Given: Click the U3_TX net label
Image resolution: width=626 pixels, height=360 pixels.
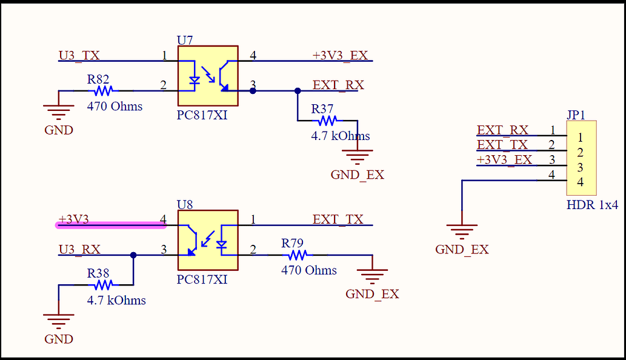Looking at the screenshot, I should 79,56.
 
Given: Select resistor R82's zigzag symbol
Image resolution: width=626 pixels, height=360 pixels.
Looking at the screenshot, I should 103,91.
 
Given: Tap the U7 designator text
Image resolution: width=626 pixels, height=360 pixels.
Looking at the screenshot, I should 185,40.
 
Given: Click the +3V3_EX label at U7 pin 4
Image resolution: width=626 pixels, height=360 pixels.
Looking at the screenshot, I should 340,55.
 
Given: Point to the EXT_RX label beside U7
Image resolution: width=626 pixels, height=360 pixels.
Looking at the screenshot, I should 338,85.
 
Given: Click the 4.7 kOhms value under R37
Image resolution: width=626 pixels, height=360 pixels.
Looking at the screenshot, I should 340,136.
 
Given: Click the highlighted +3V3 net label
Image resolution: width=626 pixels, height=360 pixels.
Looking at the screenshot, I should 73,219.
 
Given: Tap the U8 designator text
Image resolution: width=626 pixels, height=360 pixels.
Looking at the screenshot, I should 185,204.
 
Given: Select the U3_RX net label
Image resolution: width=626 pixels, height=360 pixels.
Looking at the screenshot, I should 79,249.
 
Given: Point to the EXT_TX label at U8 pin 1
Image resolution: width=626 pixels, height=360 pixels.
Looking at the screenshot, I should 338,219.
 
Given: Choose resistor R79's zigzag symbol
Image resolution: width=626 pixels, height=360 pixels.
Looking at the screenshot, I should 297,255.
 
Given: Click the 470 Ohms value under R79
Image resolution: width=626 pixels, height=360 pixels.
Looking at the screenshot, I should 308,270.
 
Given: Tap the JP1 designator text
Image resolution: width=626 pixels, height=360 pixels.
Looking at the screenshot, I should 576,115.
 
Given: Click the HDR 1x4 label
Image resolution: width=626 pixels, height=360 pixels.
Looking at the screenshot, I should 592,205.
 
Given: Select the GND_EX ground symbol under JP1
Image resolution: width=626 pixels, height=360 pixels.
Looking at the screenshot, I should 462,231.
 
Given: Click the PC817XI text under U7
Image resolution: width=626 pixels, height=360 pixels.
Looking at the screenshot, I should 202,115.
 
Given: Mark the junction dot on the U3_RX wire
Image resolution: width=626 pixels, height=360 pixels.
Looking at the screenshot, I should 133,255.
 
